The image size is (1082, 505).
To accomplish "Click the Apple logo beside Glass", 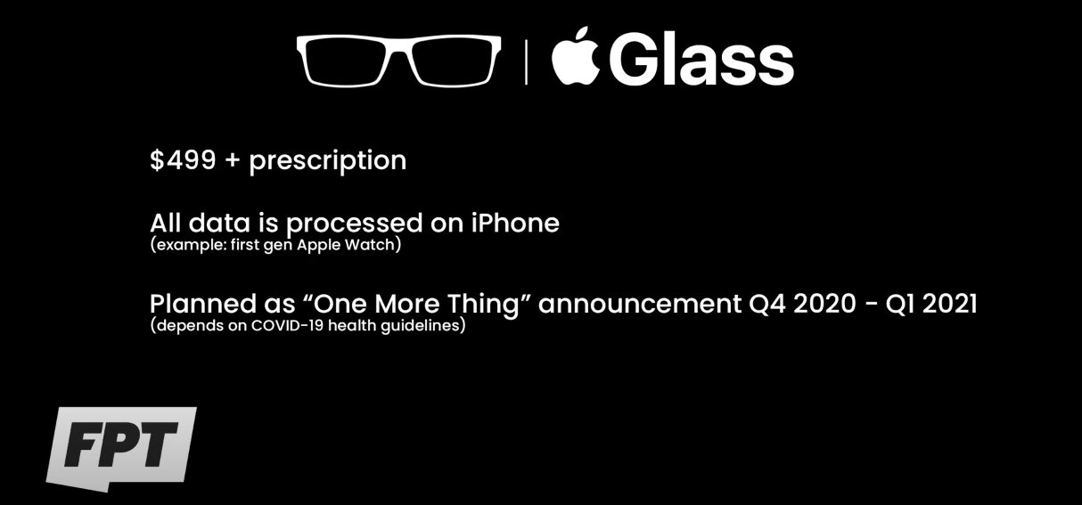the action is [x=575, y=57].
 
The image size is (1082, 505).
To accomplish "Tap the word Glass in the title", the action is [x=701, y=59].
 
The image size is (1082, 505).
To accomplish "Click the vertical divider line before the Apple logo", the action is [x=526, y=62].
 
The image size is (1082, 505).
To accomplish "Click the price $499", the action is [x=183, y=159].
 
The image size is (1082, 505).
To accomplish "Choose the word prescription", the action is [x=328, y=161].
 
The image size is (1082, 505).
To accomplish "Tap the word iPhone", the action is [x=515, y=223].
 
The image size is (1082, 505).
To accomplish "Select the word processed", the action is [x=355, y=224].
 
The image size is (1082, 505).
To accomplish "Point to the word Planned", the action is [x=203, y=304].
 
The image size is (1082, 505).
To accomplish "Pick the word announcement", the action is [x=640, y=305].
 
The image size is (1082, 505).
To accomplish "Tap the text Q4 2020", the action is [x=802, y=305].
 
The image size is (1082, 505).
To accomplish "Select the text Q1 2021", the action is [x=931, y=305].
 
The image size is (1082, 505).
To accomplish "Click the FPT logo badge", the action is [x=121, y=449].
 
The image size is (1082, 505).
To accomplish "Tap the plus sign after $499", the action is [x=233, y=161].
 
